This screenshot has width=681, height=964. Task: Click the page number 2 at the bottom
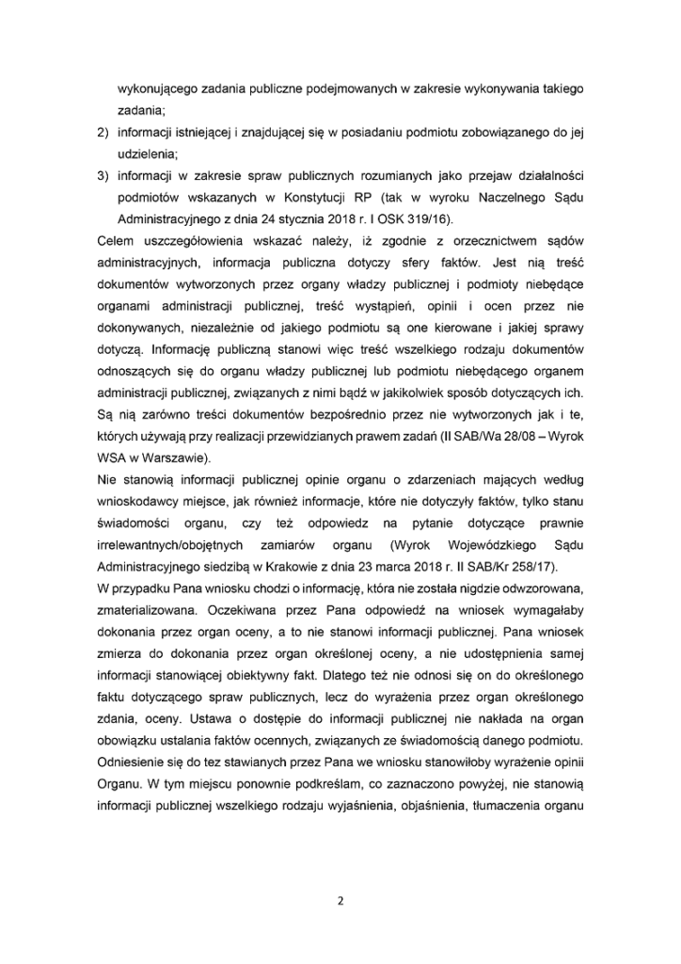(x=340, y=900)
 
